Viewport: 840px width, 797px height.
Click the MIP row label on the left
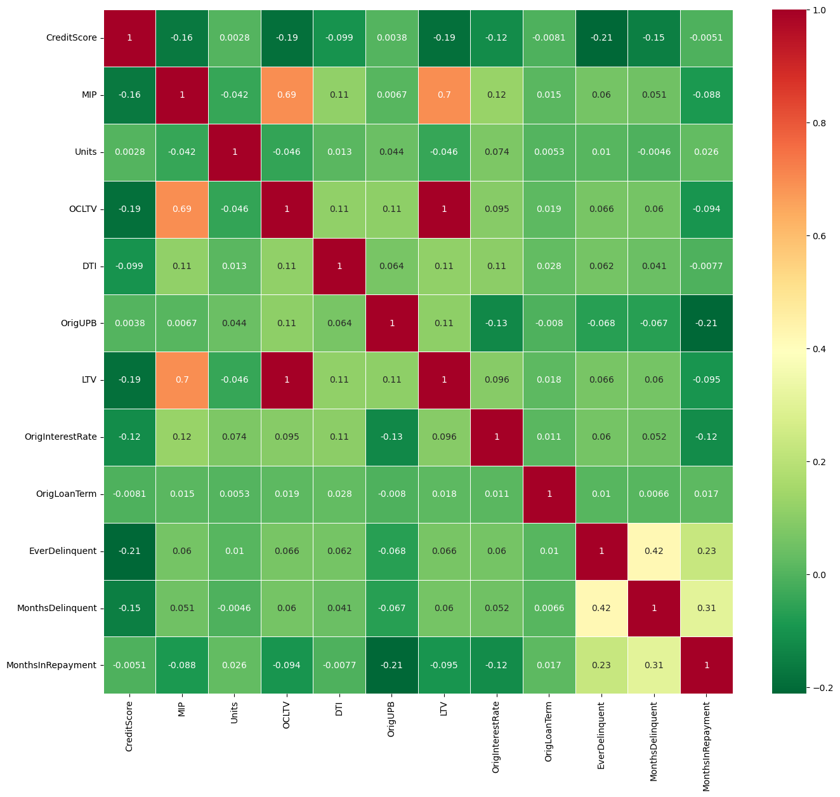[89, 95]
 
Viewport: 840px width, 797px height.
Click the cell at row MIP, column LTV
[444, 95]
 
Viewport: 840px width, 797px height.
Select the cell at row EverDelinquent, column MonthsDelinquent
[654, 551]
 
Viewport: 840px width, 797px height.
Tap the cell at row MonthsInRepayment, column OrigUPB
[391, 665]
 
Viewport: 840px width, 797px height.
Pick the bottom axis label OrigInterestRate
[497, 736]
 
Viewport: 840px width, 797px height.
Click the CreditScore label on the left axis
[71, 37]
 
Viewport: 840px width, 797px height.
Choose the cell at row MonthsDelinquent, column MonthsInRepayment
[706, 608]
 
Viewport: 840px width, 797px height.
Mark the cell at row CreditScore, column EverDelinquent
[601, 37]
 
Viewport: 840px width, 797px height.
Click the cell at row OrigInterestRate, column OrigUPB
[391, 437]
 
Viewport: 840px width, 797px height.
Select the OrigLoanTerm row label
[67, 494]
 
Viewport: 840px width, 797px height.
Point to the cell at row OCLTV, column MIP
[182, 209]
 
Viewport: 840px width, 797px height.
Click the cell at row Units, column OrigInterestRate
[497, 152]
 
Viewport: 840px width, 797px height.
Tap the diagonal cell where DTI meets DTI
[339, 266]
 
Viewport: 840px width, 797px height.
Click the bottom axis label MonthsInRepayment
[706, 746]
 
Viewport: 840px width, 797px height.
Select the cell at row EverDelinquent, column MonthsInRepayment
[706, 551]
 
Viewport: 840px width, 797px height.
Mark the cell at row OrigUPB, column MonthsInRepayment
[706, 323]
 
